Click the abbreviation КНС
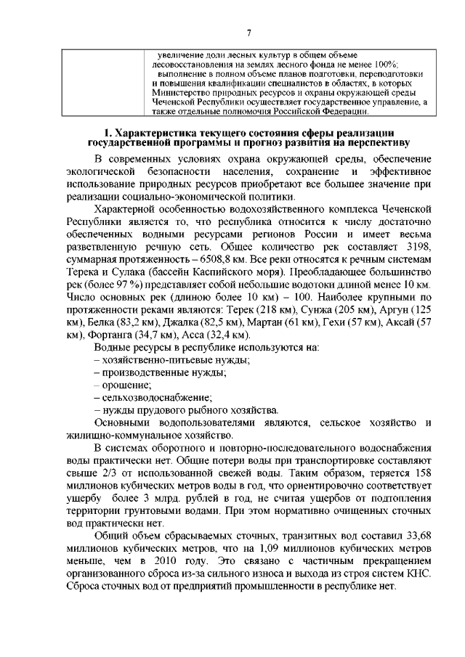coord(418,574)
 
